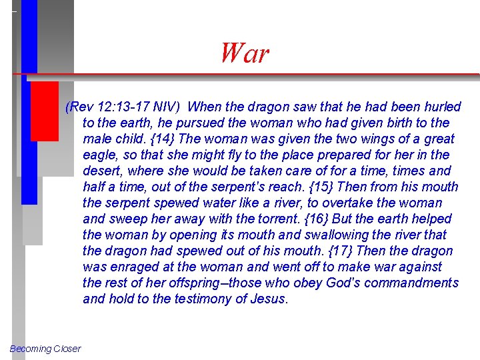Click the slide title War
tap(245, 53)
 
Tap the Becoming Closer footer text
tap(45, 349)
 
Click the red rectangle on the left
tap(45, 111)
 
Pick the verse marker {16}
tap(343, 219)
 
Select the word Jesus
tap(269, 299)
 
